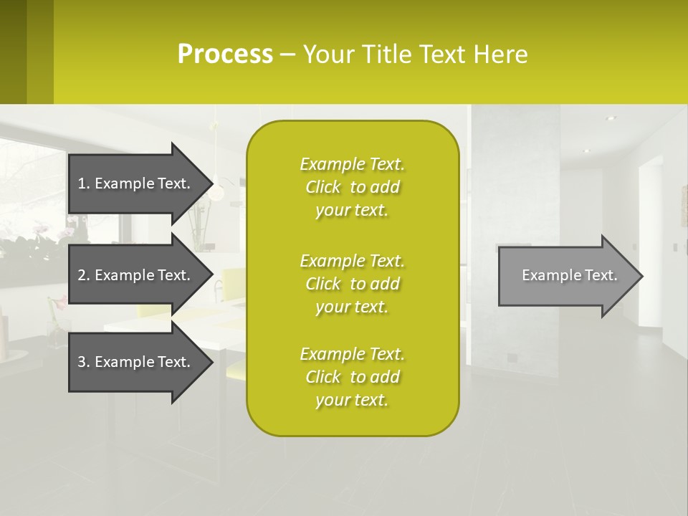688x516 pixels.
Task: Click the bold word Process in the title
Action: [225, 54]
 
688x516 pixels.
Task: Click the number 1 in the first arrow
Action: [82, 183]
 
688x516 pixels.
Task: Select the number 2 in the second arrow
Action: [82, 275]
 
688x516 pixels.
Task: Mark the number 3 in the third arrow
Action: [82, 362]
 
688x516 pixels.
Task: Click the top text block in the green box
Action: [352, 187]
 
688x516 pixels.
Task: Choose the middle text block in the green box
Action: [352, 284]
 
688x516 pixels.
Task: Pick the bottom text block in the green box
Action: [352, 377]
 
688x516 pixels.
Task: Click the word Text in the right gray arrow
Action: [600, 276]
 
